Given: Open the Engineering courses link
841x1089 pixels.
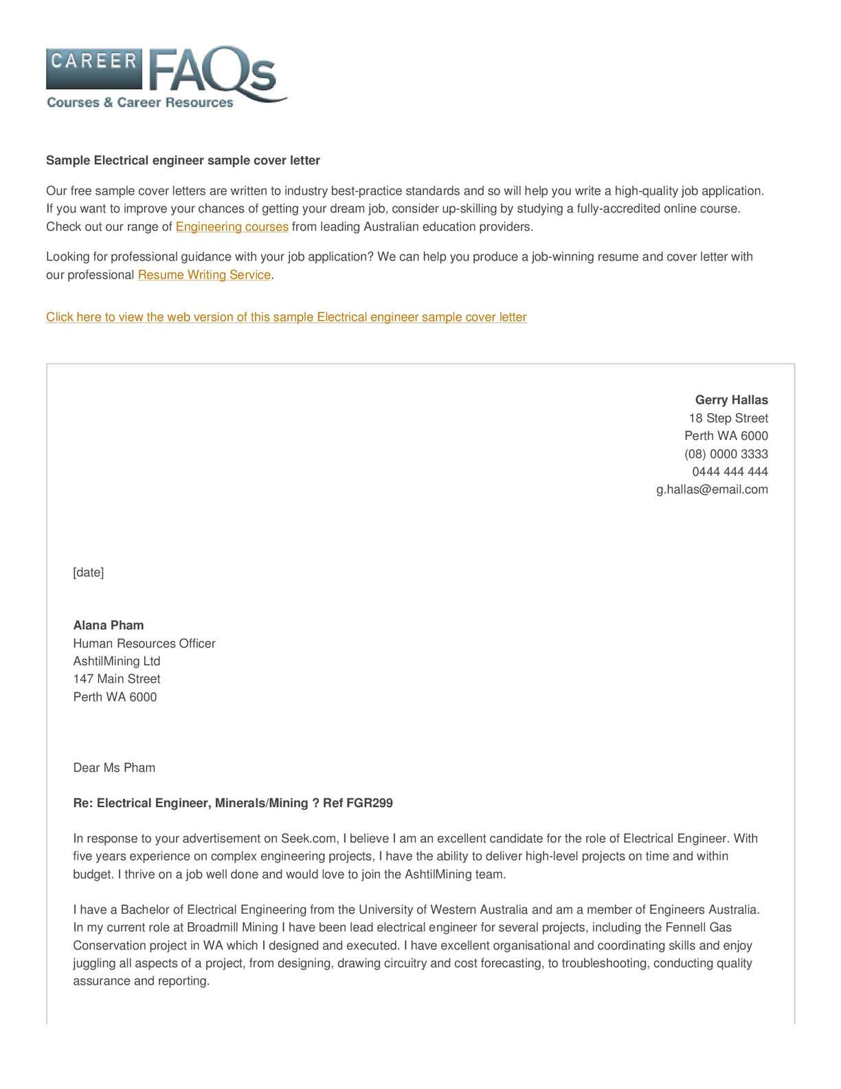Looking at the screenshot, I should point(232,227).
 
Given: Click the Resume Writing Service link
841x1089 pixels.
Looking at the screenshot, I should point(204,275).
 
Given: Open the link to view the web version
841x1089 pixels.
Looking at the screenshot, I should point(286,317).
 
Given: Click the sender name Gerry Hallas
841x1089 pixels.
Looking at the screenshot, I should point(731,400).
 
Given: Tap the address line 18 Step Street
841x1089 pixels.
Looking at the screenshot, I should point(728,418).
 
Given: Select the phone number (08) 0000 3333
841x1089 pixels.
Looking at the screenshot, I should point(726,454).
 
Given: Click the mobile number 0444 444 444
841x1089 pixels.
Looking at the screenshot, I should point(730,472).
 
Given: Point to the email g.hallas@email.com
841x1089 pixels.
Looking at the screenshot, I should point(712,489).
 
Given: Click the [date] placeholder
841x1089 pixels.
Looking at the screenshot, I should point(88,572).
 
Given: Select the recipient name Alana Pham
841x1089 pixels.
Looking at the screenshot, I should point(109,626).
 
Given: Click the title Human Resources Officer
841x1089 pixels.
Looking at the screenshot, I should point(144,643).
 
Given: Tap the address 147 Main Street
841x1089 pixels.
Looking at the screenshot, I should point(117,679).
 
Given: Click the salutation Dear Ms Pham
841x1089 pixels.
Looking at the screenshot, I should point(114,768).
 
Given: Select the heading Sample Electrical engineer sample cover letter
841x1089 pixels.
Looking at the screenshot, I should point(183,160).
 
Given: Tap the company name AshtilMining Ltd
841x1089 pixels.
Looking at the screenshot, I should point(117,661).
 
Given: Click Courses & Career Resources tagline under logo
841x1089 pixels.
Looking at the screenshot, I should point(140,102).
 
